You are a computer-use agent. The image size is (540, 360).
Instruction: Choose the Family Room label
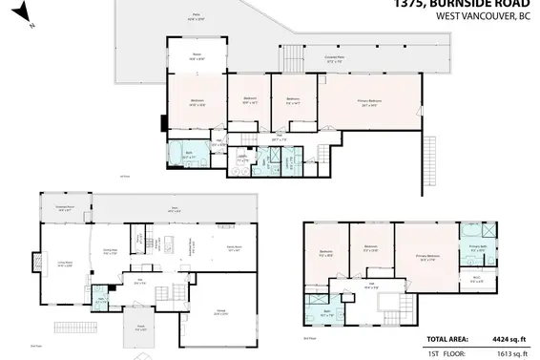(232, 246)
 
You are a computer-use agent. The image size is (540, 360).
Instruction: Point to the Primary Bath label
(477, 247)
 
